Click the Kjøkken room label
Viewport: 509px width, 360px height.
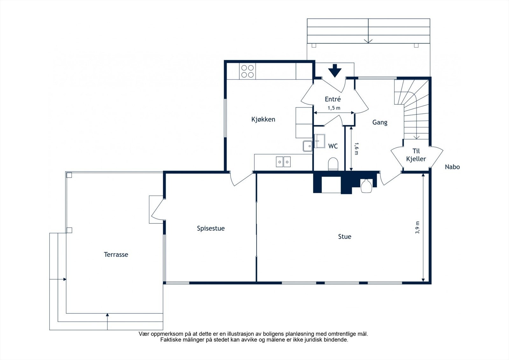click(263, 119)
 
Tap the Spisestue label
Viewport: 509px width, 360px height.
click(211, 228)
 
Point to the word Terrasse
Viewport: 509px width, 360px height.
click(116, 254)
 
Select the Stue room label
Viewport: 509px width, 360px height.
click(345, 236)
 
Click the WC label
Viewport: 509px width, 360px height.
click(333, 146)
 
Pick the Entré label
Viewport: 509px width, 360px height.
click(333, 99)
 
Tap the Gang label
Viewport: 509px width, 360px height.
click(380, 122)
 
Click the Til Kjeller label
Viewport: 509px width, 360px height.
click(416, 155)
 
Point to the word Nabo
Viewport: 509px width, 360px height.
click(452, 167)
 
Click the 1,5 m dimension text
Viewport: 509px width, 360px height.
click(334, 108)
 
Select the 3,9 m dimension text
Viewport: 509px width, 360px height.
click(417, 227)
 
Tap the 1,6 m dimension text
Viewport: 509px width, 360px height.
click(356, 149)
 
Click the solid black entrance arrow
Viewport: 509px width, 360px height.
click(335, 71)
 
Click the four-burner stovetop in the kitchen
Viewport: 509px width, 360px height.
click(248, 71)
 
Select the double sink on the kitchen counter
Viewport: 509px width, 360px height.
click(283, 162)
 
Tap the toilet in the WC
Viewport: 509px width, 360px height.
click(333, 164)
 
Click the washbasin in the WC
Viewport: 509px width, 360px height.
click(319, 141)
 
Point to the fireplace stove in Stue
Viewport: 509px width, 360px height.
click(366, 186)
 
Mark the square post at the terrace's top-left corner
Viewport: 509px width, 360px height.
click(69, 175)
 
